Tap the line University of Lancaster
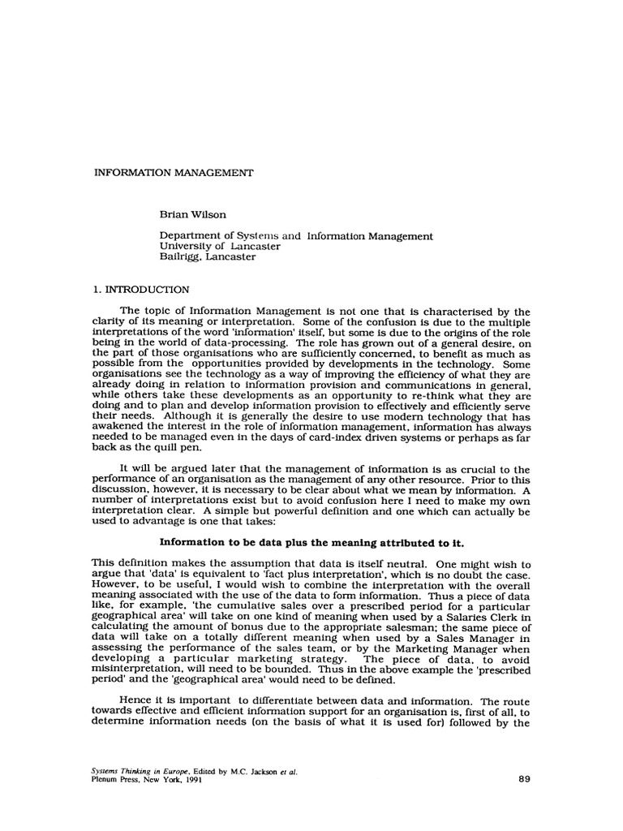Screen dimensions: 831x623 [220, 247]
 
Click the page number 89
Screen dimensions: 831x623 [523, 779]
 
